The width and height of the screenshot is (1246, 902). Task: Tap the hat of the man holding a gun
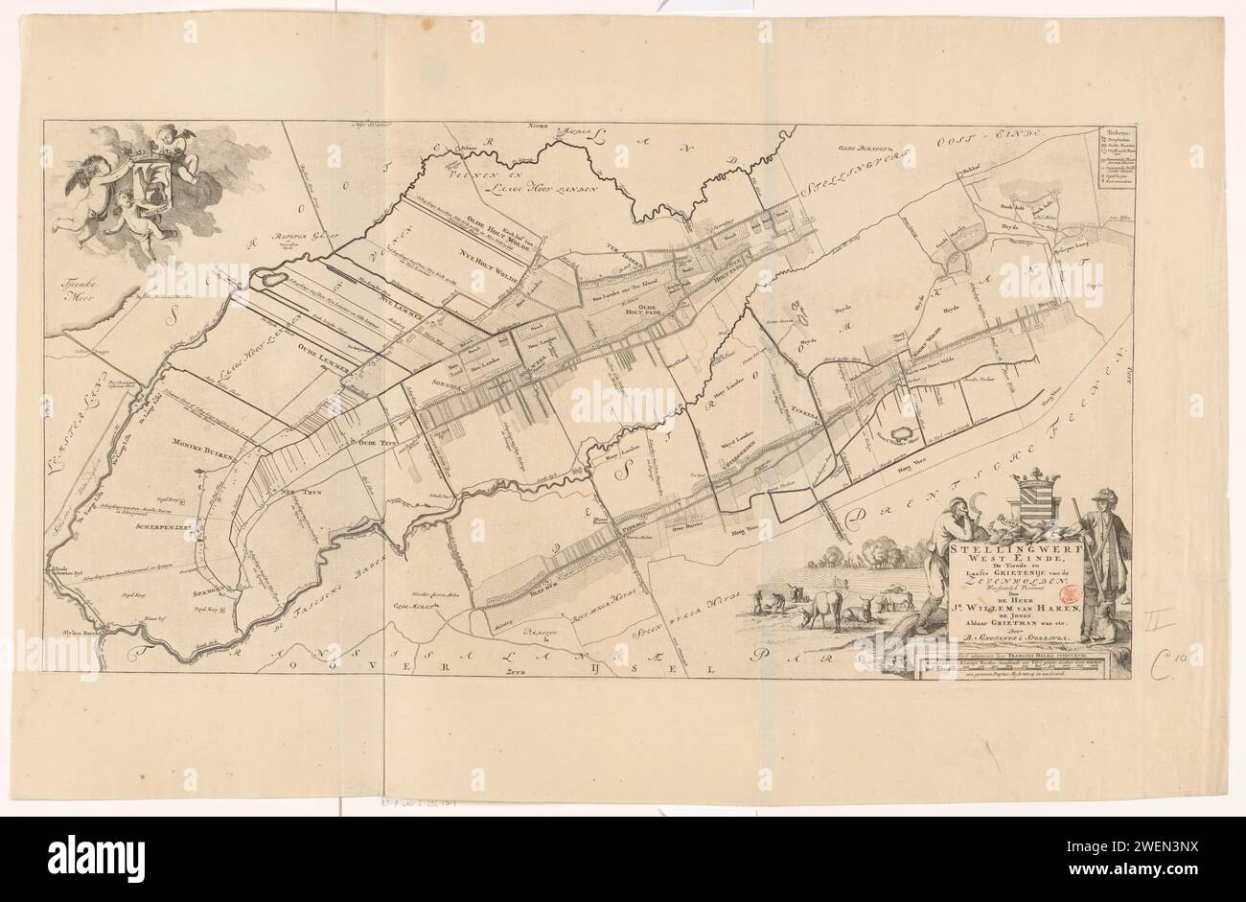tap(1112, 497)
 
